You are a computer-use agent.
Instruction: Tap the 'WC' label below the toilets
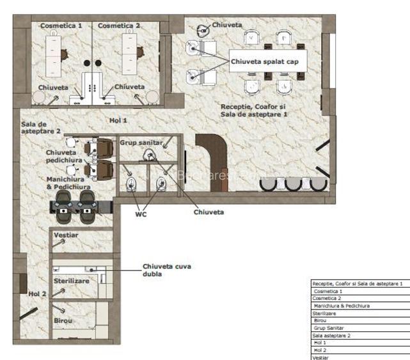[x=141, y=214]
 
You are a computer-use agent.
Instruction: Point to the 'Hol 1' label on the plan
[x=118, y=120]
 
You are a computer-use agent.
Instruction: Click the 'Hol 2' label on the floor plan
[x=38, y=293]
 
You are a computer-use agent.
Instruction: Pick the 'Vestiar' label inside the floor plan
[x=67, y=235]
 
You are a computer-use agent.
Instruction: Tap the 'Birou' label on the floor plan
[x=63, y=320]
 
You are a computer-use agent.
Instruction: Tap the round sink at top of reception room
[x=202, y=28]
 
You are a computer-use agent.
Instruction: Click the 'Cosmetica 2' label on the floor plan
[x=119, y=26]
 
